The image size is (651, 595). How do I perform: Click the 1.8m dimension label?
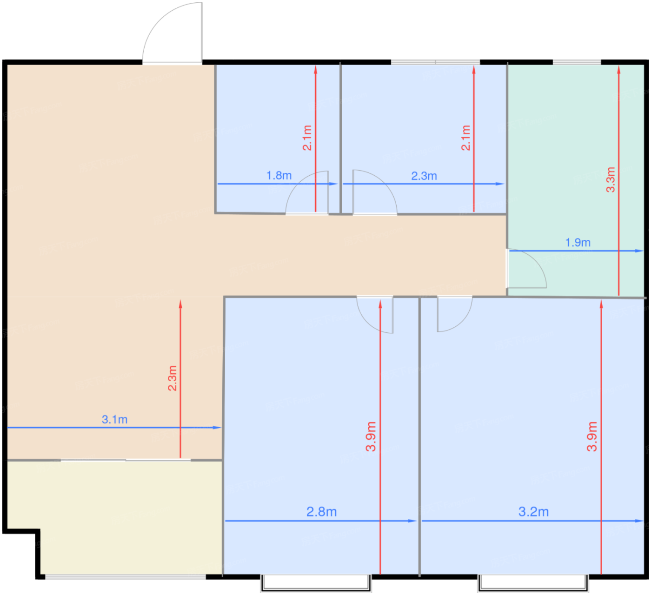click(279, 176)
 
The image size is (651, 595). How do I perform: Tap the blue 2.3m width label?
click(424, 176)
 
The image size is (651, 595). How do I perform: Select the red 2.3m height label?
click(173, 378)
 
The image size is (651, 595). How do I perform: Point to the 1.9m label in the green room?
click(578, 242)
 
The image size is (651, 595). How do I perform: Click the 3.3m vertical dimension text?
click(611, 179)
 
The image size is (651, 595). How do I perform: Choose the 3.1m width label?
click(114, 419)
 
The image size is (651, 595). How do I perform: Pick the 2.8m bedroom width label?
click(321, 512)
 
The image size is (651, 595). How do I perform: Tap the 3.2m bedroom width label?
click(533, 512)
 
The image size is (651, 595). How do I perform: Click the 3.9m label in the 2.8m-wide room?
click(371, 436)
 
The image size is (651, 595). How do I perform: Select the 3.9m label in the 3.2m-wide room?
click(591, 436)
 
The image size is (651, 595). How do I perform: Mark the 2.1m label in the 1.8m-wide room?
click(307, 138)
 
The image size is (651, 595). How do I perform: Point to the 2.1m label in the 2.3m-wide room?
click(465, 138)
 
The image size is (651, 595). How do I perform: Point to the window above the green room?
click(577, 62)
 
